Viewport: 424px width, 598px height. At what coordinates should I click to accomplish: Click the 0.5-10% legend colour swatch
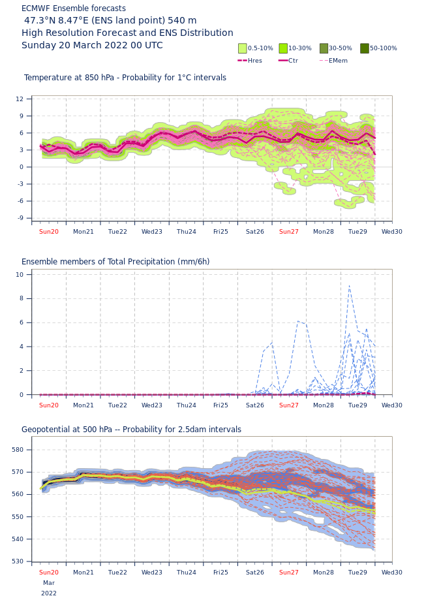[x=243, y=48]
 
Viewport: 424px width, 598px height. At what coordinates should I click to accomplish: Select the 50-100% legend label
[x=383, y=48]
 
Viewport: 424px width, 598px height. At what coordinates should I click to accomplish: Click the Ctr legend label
[x=293, y=61]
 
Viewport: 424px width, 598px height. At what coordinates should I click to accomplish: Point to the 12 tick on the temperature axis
[x=20, y=99]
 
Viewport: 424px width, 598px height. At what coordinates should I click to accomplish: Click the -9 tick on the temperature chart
[x=20, y=218]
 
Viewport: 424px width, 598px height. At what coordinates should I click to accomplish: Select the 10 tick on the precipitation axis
[x=20, y=275]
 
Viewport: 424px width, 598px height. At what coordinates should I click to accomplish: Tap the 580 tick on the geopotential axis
[x=18, y=450]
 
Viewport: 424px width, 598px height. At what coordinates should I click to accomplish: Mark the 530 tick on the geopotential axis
[x=18, y=561]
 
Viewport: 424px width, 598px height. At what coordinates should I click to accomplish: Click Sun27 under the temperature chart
[x=289, y=232]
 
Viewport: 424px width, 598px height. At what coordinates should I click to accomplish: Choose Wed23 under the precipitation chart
[x=152, y=405]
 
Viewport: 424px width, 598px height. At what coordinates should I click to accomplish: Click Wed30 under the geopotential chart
[x=391, y=573]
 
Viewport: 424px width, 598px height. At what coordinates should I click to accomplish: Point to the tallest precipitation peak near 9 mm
[x=349, y=287]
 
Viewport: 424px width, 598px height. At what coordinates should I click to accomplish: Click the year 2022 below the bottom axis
[x=49, y=593]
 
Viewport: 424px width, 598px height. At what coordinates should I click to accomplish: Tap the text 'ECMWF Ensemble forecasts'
[x=74, y=8]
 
